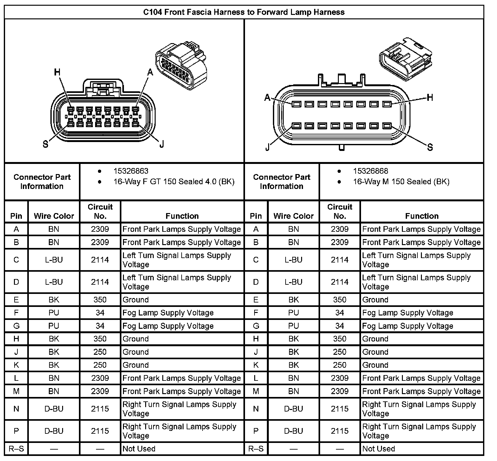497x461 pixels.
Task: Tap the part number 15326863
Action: [x=131, y=171]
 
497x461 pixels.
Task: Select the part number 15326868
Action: [x=370, y=171]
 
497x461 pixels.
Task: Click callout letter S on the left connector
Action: [x=46, y=145]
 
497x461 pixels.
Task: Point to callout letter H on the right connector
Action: [x=429, y=97]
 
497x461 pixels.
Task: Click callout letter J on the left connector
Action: [x=162, y=145]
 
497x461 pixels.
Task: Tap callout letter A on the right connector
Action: [x=268, y=97]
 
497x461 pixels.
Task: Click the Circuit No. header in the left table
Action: [x=100, y=211]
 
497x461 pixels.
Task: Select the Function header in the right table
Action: [x=422, y=216]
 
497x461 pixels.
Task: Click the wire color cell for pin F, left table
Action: [x=54, y=313]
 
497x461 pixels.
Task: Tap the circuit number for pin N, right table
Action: [x=339, y=409]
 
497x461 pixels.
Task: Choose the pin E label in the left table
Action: [x=16, y=300]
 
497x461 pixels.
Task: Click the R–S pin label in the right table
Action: [x=256, y=449]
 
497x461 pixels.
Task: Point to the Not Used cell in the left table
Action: [x=139, y=449]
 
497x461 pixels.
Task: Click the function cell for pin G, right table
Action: [x=408, y=326]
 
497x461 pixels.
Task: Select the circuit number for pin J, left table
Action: [x=100, y=352]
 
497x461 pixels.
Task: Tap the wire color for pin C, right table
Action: [x=293, y=260]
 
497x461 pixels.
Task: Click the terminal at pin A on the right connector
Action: [x=296, y=104]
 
